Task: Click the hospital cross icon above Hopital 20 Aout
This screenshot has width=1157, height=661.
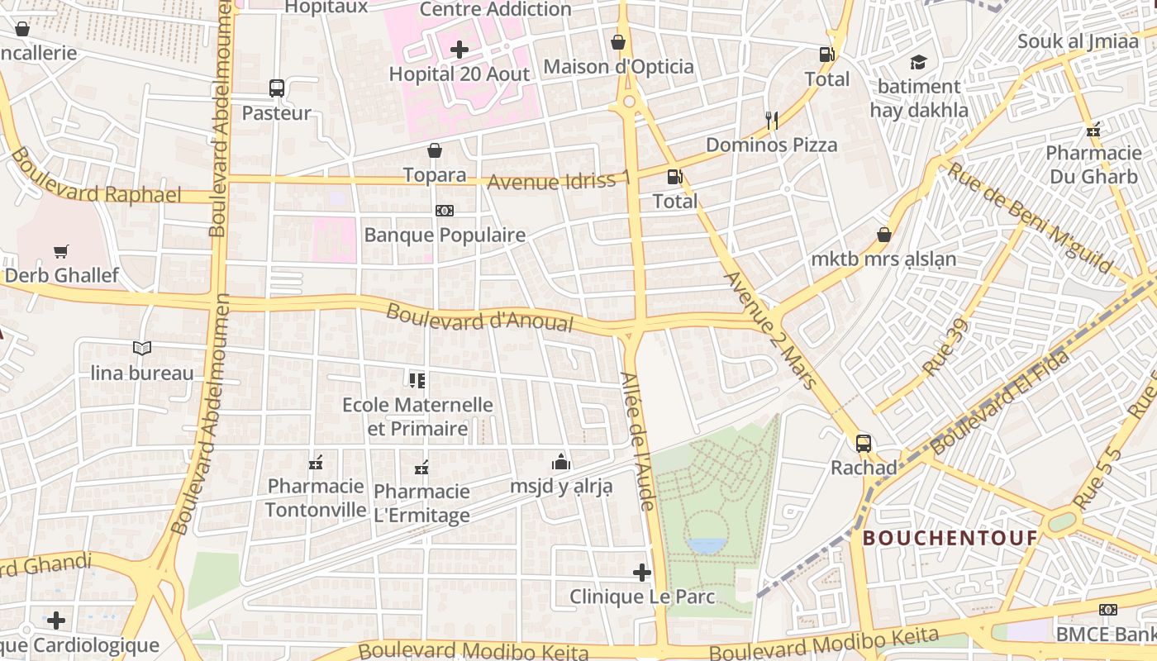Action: point(459,50)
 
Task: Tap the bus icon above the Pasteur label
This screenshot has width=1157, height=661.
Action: point(277,88)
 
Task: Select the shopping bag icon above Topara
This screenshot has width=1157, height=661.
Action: point(435,150)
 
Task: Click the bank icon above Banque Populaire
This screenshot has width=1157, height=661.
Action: point(445,211)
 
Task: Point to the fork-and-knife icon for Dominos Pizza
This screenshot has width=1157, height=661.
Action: point(772,121)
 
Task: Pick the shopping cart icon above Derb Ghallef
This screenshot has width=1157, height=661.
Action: point(61,251)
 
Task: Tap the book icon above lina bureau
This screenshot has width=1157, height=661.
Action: point(142,349)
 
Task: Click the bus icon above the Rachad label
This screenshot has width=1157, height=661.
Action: point(864,444)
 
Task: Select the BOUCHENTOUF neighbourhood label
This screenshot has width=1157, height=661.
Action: point(950,539)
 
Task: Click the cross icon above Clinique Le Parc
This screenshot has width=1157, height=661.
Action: point(642,572)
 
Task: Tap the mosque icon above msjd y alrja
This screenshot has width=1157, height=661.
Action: point(561,461)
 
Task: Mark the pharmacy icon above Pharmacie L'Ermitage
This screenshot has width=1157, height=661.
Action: point(421,468)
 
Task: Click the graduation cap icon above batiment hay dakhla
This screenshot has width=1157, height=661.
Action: point(918,62)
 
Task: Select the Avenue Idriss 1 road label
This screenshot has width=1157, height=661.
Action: point(559,180)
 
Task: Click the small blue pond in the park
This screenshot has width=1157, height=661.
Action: point(707,545)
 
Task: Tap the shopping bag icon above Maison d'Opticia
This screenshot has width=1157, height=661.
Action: point(618,42)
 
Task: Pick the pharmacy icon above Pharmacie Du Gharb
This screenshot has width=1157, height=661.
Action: point(1094,130)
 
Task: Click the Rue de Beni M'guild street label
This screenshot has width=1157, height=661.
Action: point(1030,216)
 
